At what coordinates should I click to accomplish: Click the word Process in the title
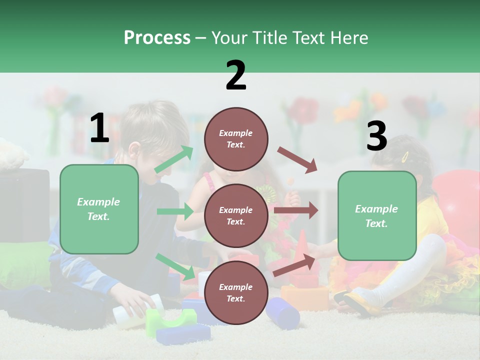click(157, 38)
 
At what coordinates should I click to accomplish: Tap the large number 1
click(99, 128)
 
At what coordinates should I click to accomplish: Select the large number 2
click(236, 75)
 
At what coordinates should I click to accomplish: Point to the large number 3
click(377, 136)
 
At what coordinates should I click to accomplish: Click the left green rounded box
click(99, 209)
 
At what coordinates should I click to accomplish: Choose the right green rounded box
click(377, 216)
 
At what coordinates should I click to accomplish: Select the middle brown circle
click(236, 216)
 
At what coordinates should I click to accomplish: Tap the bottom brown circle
click(236, 293)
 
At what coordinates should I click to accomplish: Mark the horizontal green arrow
click(175, 211)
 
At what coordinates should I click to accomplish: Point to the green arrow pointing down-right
click(175, 266)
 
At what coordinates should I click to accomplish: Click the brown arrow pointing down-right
click(297, 160)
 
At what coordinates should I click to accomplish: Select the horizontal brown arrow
click(296, 210)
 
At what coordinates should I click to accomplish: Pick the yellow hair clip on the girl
click(405, 156)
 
